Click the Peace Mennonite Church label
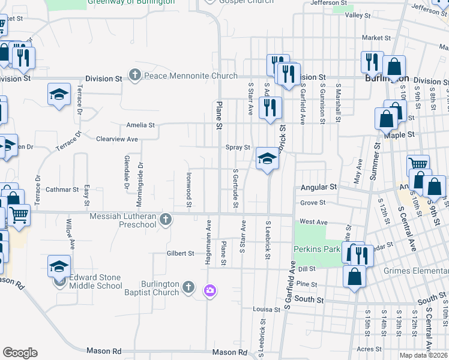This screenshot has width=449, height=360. [191, 76]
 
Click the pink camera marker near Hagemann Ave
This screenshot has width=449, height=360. [210, 291]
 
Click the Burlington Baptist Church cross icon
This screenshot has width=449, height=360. [188, 287]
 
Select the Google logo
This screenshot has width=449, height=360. [20, 353]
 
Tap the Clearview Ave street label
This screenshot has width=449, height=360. [117, 139]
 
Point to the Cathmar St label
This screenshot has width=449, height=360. [62, 190]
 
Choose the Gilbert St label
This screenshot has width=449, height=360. [180, 253]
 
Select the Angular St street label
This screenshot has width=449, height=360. [316, 187]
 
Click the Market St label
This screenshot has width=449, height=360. [376, 37]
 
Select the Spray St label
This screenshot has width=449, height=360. [238, 148]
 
